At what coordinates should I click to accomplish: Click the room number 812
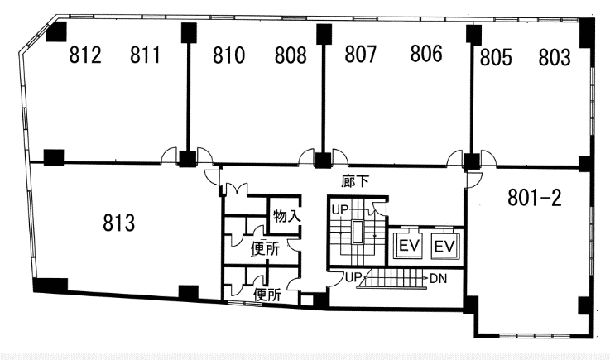coord(85,55)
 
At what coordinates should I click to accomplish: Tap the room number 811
coord(145,55)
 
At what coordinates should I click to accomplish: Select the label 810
coord(228,55)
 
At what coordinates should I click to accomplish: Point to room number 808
coord(291,55)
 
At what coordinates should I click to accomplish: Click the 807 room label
coord(361,54)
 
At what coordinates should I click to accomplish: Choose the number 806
coord(426,54)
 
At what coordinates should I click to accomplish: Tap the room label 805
coord(496,58)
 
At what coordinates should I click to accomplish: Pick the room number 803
coord(555,57)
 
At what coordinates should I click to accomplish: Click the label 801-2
coord(535,198)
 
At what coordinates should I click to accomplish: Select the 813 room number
coord(119,223)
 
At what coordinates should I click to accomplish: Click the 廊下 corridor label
coord(355,181)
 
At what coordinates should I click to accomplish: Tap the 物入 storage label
coord(286,216)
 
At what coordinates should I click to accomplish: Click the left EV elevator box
coord(409,246)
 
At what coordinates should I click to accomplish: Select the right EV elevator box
coord(444,247)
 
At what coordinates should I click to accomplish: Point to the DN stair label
coord(439,279)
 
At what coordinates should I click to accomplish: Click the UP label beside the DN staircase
coord(353,277)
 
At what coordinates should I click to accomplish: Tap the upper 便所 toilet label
coord(265,249)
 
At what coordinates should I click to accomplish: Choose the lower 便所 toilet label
coord(267,295)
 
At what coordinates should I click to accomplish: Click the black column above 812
coord(57,31)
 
